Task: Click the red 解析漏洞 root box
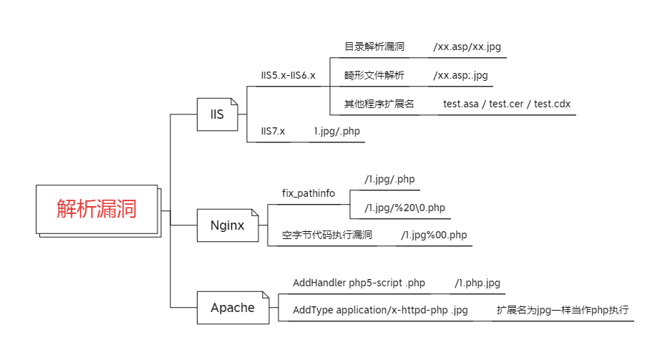[96, 209]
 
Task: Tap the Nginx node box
[227, 225]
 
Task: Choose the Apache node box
[232, 308]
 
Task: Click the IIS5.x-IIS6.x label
[288, 75]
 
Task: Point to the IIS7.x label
[273, 131]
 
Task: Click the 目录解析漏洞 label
[374, 47]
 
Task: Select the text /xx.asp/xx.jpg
[467, 47]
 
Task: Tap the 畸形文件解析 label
[374, 75]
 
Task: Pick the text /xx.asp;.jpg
[460, 75]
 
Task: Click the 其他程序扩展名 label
[379, 104]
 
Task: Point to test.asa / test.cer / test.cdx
[507, 104]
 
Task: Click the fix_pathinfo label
[309, 193]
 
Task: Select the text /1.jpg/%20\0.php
[404, 208]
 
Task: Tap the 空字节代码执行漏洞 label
[327, 235]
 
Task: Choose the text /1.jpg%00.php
[434, 235]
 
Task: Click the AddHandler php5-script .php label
[359, 283]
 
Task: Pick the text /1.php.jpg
[477, 283]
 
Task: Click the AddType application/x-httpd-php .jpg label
[380, 310]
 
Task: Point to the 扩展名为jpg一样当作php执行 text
[563, 310]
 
